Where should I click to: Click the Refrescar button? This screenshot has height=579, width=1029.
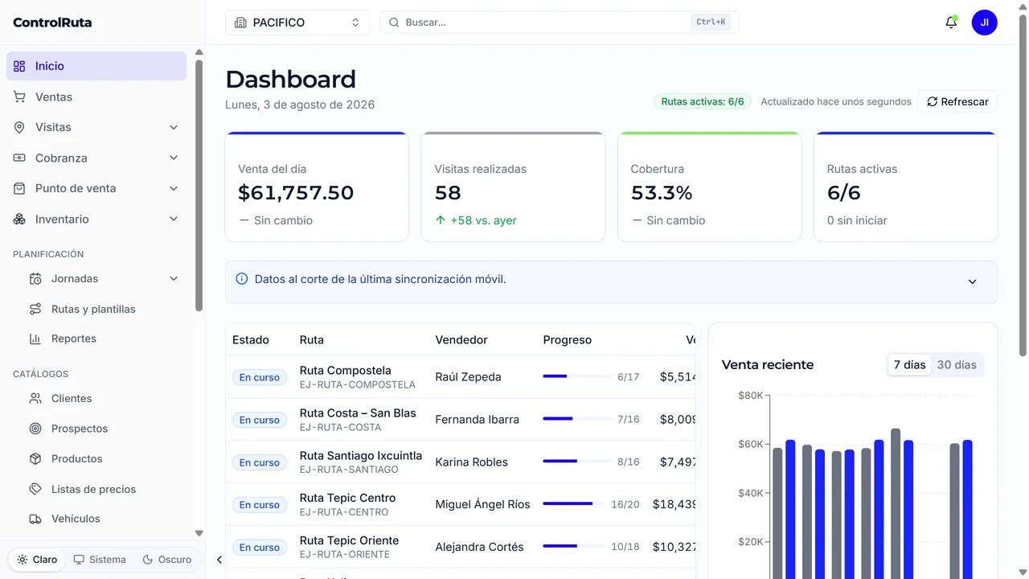point(957,101)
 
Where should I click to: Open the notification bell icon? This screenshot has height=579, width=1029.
point(951,22)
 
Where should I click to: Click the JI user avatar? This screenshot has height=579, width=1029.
point(984,23)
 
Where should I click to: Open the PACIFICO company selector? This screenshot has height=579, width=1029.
point(297,23)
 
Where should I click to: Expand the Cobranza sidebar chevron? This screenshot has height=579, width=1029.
point(173,158)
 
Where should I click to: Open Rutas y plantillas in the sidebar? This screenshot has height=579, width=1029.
point(93,310)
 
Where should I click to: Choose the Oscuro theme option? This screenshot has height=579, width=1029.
point(166,559)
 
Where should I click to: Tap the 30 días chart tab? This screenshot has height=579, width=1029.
point(957,365)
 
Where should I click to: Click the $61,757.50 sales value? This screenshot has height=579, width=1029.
point(296,192)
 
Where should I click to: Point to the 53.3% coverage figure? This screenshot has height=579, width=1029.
point(661,192)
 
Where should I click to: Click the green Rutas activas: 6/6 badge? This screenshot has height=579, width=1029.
point(702,101)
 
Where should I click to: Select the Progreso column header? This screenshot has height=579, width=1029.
point(567,339)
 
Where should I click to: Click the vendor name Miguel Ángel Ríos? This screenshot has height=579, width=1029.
point(482,504)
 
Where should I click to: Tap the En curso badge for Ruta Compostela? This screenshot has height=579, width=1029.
point(259,377)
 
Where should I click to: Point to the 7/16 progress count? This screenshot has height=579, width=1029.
point(628,420)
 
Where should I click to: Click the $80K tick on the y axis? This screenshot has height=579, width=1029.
point(750,395)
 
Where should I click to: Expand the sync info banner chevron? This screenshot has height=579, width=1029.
point(972,281)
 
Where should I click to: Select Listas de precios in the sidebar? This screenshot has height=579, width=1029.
point(93,490)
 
